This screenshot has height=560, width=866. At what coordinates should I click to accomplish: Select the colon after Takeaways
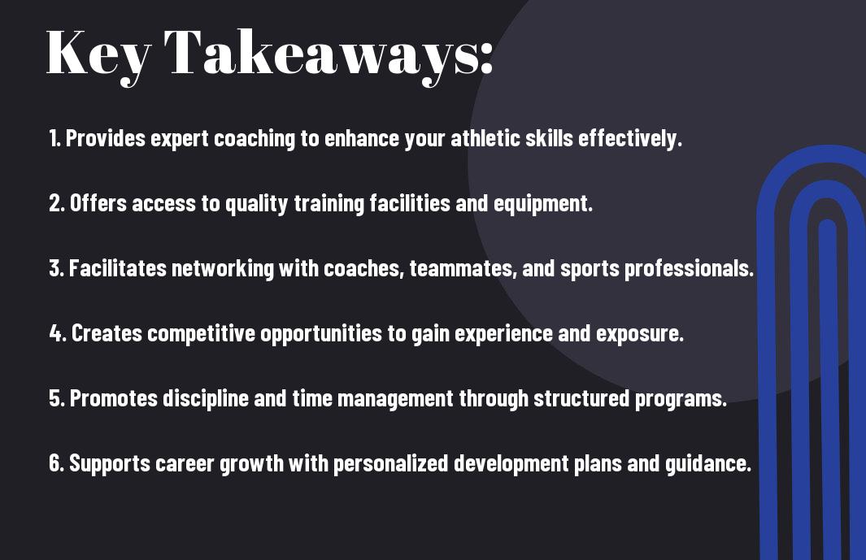tap(486, 58)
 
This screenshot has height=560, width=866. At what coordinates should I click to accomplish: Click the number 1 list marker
tap(54, 138)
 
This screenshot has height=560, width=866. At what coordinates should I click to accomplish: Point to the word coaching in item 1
tap(255, 139)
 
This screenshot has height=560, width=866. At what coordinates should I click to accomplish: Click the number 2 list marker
tap(56, 203)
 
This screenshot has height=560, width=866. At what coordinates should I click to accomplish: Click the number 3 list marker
tap(56, 268)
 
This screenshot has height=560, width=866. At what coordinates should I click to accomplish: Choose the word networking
tap(223, 269)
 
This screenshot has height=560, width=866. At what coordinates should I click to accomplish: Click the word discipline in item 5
tap(206, 399)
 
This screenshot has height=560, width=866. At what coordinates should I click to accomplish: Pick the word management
tap(395, 399)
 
